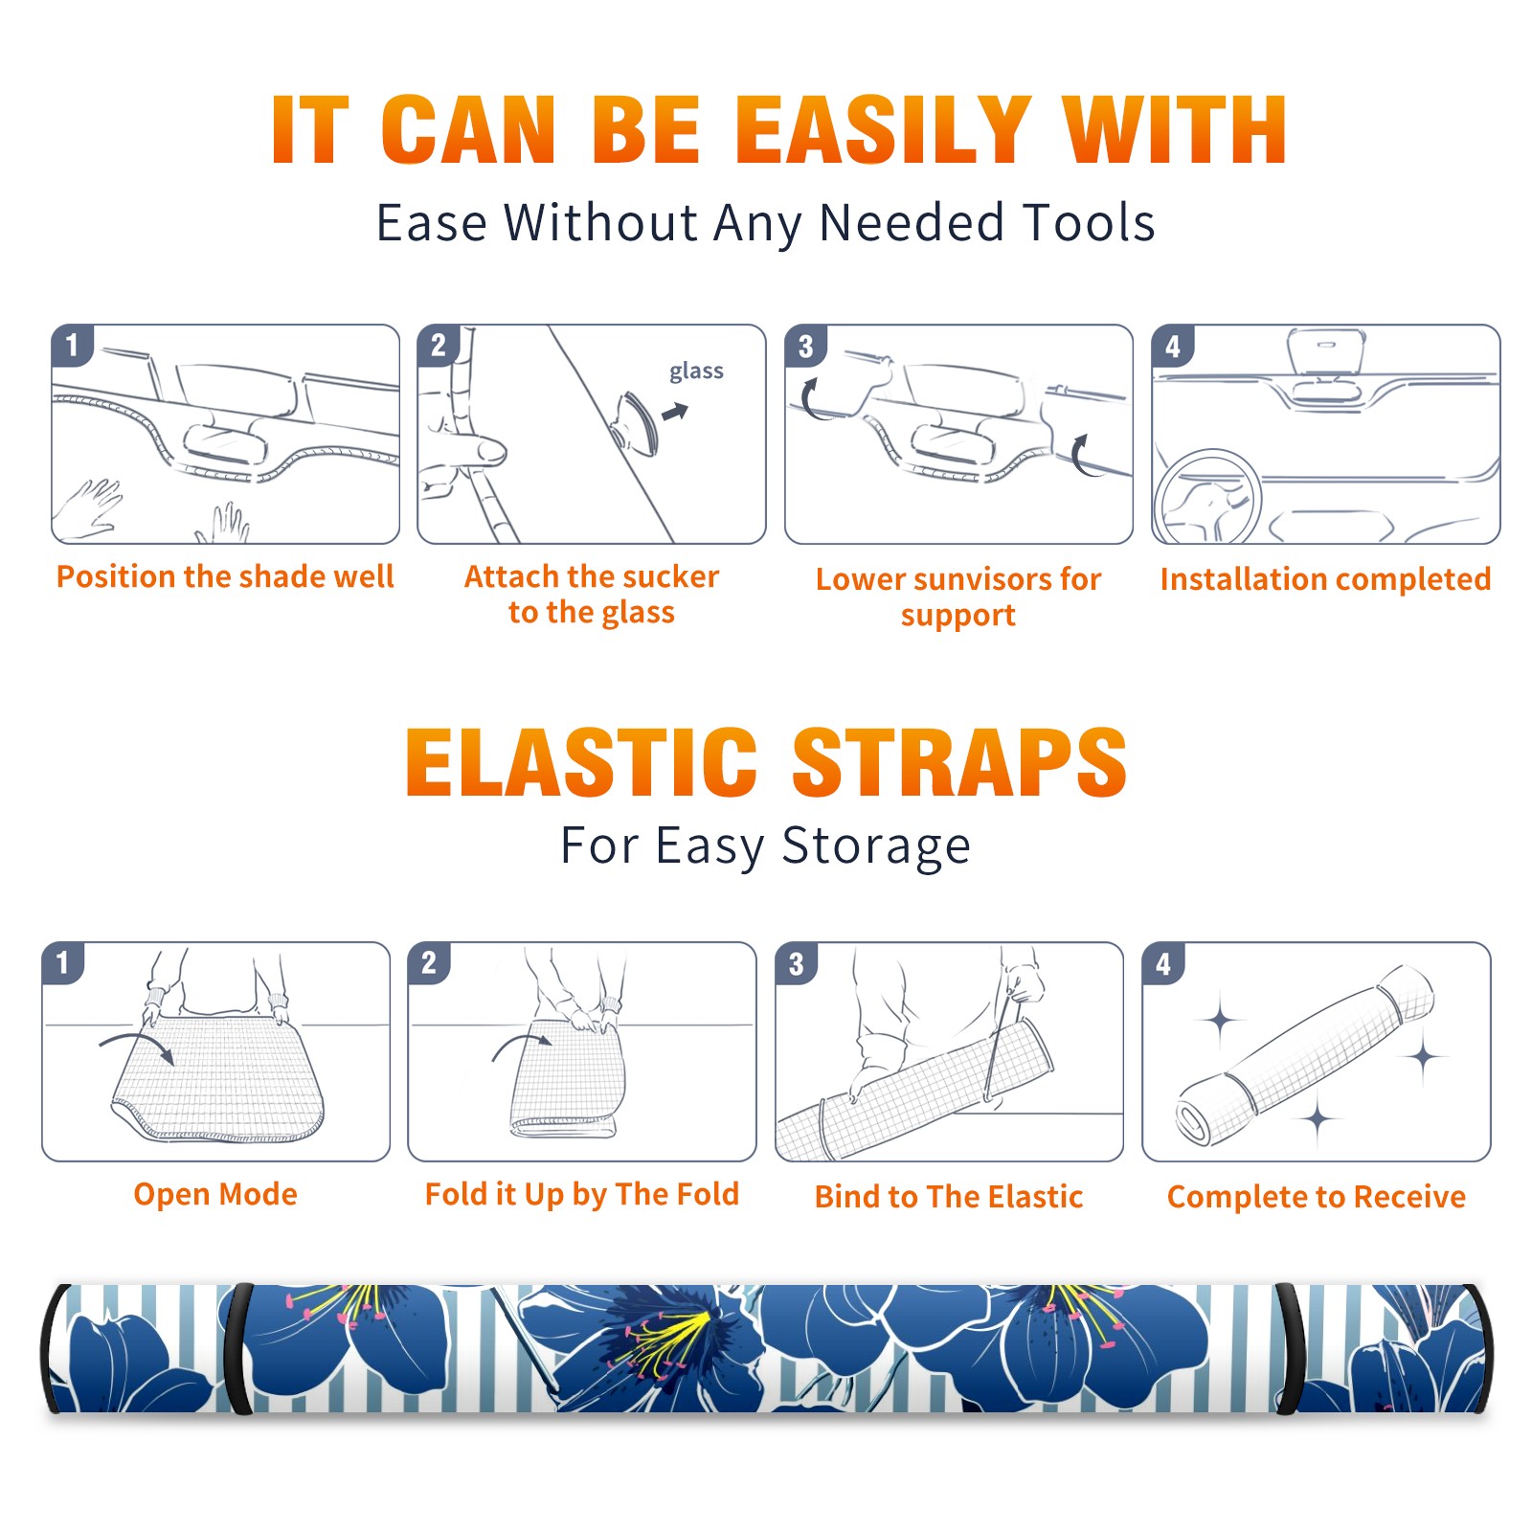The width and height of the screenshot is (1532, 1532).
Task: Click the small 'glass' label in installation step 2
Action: click(x=696, y=372)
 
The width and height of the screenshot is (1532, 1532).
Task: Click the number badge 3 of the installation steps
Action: click(x=805, y=346)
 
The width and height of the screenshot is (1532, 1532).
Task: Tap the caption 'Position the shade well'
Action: click(x=225, y=576)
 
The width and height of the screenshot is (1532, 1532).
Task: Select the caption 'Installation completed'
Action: click(x=1325, y=579)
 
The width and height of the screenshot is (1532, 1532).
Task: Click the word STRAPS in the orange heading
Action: click(x=959, y=762)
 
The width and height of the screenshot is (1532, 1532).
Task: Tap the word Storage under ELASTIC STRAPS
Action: click(x=876, y=846)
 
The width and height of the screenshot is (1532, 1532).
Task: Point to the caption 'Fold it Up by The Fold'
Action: click(x=582, y=1195)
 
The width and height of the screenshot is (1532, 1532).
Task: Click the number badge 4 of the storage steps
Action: click(x=1162, y=963)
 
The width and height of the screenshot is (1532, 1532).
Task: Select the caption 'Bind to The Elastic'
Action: click(x=949, y=1197)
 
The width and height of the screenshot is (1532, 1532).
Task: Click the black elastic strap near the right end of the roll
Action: click(x=1288, y=1348)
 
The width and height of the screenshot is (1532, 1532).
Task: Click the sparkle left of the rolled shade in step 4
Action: click(x=1220, y=1021)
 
